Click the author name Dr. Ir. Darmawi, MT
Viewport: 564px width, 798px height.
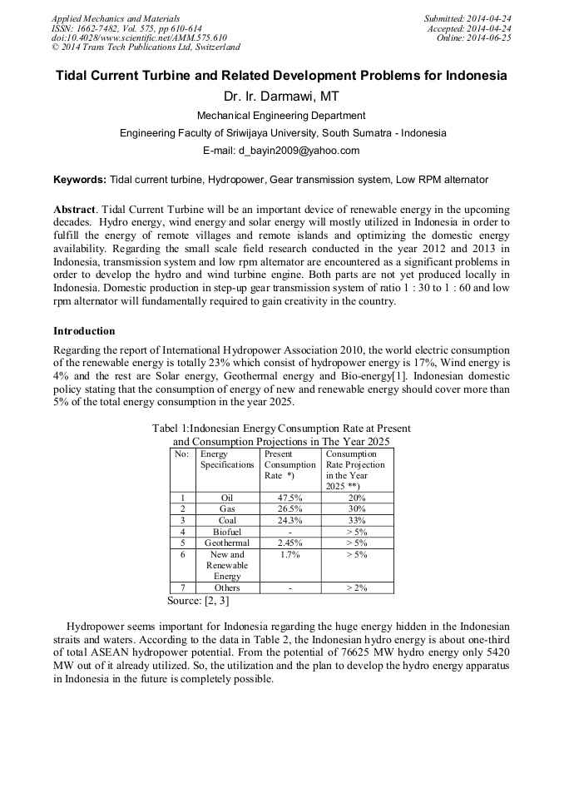click(x=281, y=97)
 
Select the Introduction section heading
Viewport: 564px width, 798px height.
click(x=84, y=330)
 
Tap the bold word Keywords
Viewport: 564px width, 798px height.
click(x=80, y=180)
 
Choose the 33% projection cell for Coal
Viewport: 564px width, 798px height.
click(x=357, y=520)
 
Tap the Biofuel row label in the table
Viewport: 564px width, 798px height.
click(x=226, y=532)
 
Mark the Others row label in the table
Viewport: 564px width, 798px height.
click(x=226, y=587)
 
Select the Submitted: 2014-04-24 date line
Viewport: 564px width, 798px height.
click(x=468, y=18)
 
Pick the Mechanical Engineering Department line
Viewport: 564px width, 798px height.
click(x=281, y=116)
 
